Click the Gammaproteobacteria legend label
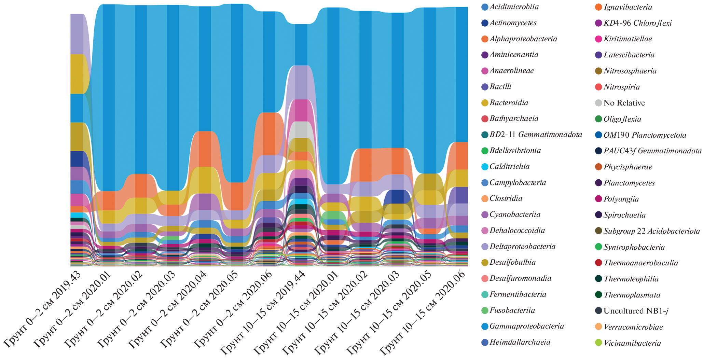tap(526, 326)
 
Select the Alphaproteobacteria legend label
tap(523, 39)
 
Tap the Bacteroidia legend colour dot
tap(484, 103)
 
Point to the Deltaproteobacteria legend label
tap(522, 247)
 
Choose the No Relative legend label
tap(624, 103)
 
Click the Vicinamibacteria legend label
tap(632, 343)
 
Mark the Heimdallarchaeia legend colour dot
tap(484, 342)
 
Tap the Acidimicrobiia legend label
tap(514, 7)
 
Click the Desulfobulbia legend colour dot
tap(484, 263)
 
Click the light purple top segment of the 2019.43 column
tap(77, 34)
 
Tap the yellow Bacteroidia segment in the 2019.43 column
tap(77, 74)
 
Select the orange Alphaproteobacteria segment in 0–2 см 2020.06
tap(269, 133)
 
